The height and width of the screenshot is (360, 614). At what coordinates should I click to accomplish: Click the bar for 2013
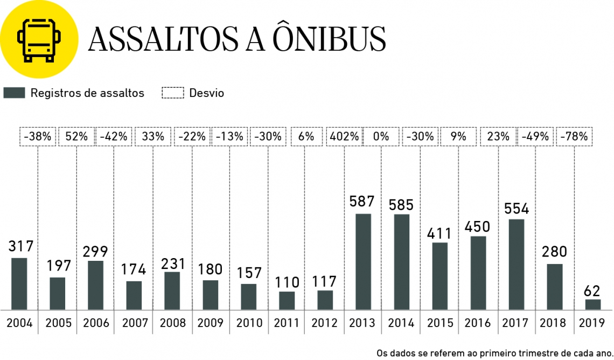coord(363,262)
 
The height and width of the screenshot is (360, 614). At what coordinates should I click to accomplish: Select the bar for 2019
coord(593,304)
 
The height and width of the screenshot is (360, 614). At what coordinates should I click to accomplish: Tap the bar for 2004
coord(19,284)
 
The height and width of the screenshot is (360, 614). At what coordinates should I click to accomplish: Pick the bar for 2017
coord(517,265)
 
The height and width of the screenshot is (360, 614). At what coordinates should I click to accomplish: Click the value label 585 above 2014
coord(401,205)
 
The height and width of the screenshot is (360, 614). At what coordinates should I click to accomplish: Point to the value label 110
coord(287,281)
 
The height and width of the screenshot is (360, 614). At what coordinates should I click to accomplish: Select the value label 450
coord(478,226)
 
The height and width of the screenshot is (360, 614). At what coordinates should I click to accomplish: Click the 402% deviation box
coord(345,137)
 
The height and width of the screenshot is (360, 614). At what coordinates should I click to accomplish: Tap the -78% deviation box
coord(574,137)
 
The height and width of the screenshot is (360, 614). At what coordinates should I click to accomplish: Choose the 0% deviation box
coord(381,137)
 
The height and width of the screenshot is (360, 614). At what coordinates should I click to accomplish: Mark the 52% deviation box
coord(76,137)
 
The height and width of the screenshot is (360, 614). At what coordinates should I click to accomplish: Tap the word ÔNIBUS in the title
coord(329,39)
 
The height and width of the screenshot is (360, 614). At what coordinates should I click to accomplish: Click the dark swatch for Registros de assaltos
coord(15,93)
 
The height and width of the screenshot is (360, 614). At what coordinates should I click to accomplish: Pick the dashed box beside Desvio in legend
coord(173,93)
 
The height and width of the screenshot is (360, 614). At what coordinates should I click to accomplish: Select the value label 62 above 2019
coord(592,291)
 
